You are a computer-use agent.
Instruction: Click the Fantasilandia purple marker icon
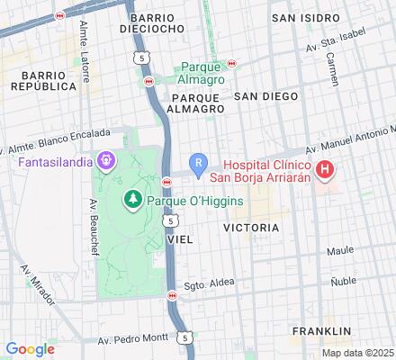click(x=107, y=162)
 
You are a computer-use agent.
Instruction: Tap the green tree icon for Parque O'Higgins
click(x=134, y=198)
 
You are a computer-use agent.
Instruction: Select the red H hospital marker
click(x=325, y=168)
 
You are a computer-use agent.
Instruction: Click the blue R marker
click(x=199, y=162)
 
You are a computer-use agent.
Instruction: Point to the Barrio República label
click(x=43, y=80)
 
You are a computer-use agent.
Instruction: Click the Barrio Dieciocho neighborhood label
click(x=157, y=22)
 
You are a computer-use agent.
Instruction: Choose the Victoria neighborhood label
click(x=251, y=228)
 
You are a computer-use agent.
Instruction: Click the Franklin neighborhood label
click(x=320, y=332)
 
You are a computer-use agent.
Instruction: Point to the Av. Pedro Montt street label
click(x=132, y=341)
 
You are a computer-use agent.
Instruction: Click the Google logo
click(x=30, y=349)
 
